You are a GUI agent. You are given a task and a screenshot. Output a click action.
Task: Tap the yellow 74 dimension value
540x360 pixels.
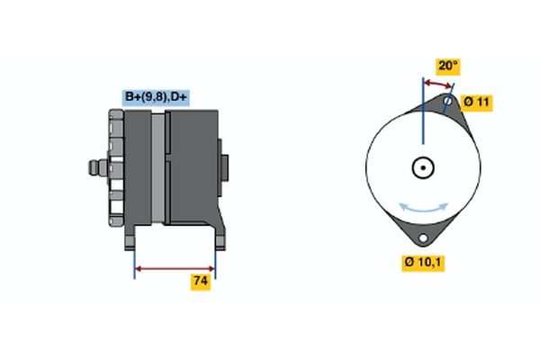tap(201, 282)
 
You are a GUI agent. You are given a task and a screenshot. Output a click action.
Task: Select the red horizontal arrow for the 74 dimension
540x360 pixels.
tap(175, 267)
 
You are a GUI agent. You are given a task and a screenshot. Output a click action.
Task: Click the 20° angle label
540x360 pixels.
tap(447, 66)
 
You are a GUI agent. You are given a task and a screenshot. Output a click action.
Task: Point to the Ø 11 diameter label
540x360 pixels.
tap(477, 102)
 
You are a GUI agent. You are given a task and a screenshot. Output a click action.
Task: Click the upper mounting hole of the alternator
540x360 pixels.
tap(447, 102)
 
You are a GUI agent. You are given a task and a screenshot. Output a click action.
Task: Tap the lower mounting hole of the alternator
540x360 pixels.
tap(420, 238)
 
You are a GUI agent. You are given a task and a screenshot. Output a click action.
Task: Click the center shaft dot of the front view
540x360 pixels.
tap(421, 167)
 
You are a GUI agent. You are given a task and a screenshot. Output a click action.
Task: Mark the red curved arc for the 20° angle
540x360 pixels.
tap(437, 84)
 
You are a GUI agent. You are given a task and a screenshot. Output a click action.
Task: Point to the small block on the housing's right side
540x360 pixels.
tap(224, 168)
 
